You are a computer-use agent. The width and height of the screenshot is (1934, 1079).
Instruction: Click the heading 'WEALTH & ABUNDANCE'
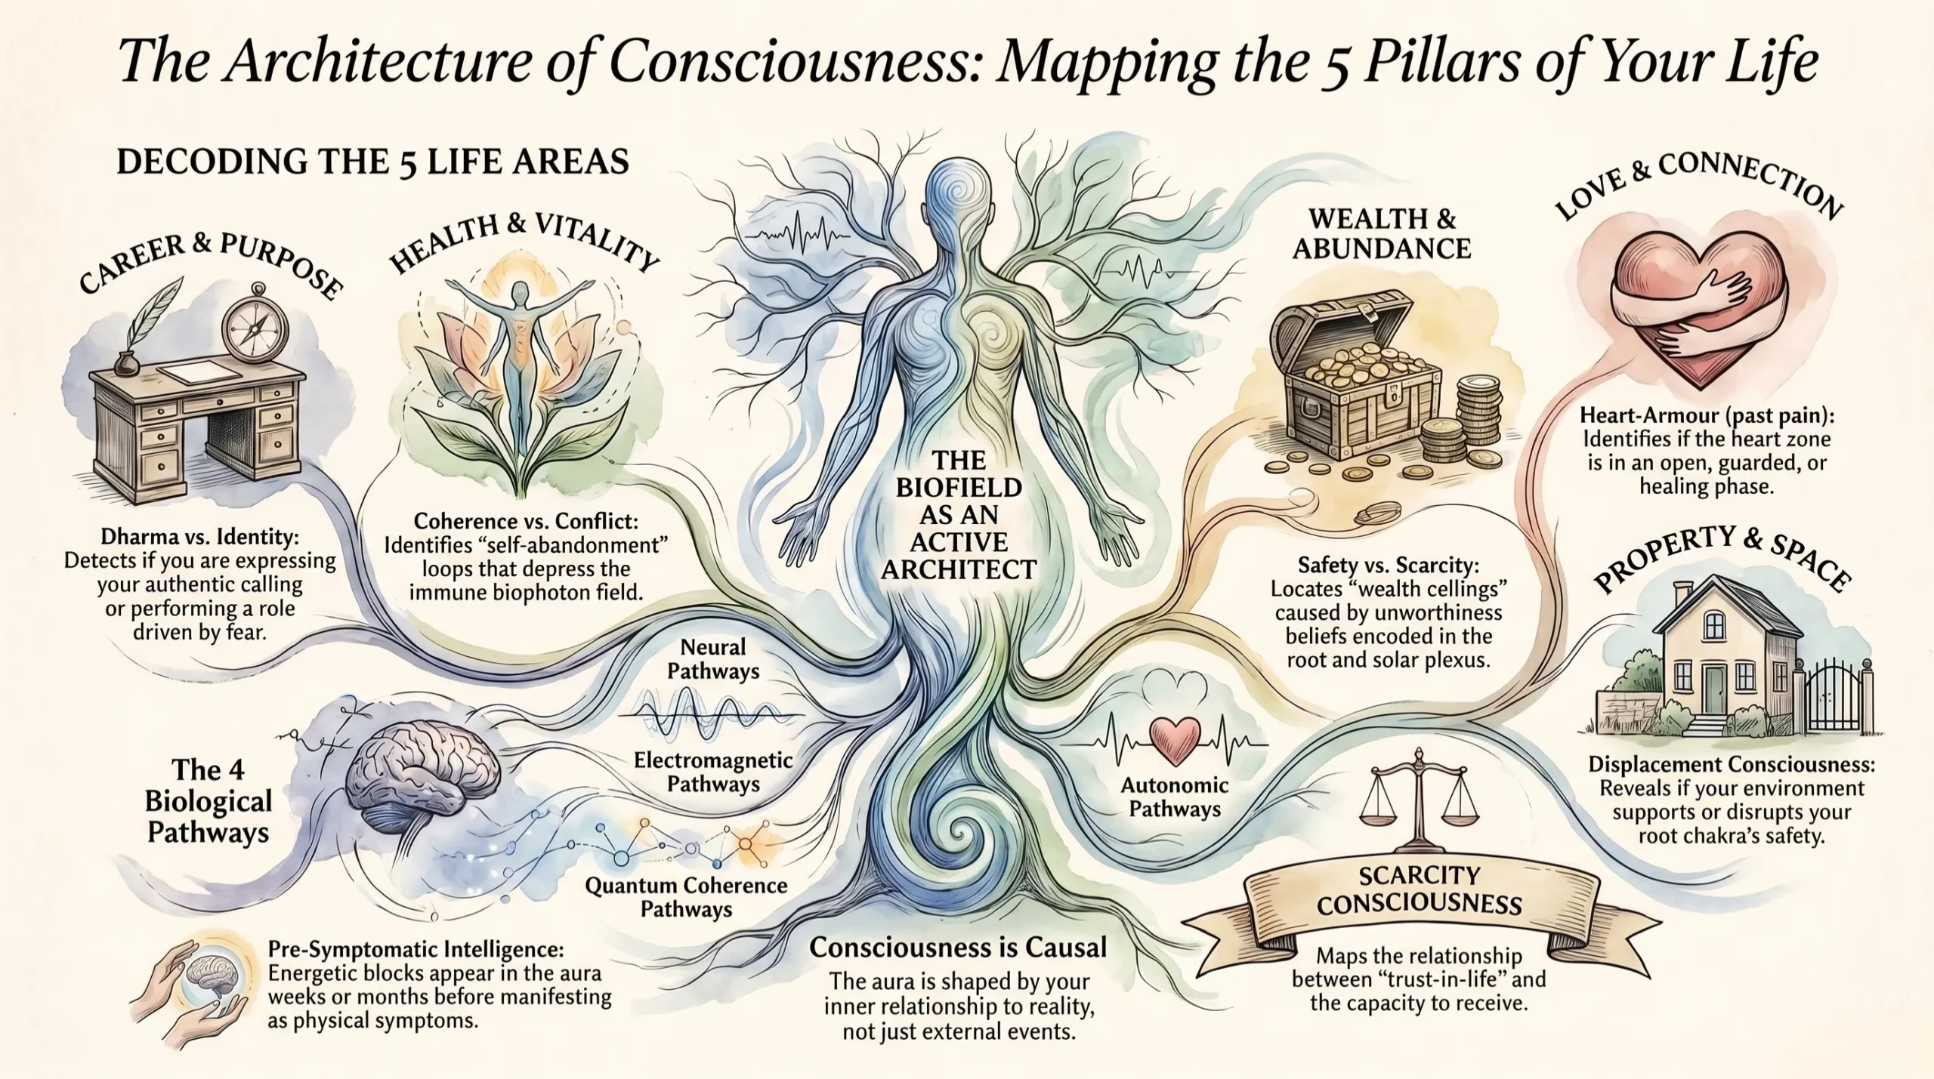(x=1383, y=233)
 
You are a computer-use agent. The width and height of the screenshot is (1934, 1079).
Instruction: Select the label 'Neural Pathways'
(x=713, y=658)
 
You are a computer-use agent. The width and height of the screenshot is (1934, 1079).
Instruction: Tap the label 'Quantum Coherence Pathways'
(x=686, y=897)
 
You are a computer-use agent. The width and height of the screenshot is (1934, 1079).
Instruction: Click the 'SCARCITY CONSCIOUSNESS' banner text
(x=1419, y=889)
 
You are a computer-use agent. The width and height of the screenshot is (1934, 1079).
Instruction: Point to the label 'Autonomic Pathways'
(x=1175, y=797)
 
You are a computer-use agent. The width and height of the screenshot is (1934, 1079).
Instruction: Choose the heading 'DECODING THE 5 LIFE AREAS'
(x=372, y=162)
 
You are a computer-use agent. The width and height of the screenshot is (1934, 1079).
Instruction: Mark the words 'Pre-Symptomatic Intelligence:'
(x=416, y=948)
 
